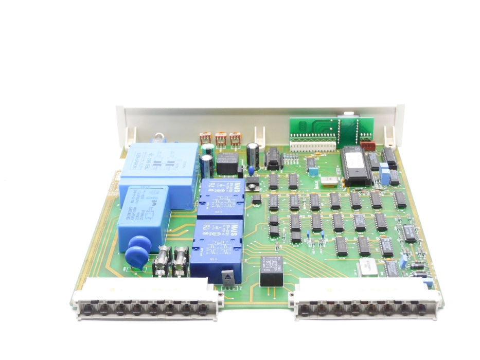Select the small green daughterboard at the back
[324, 131]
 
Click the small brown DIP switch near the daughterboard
[368, 146]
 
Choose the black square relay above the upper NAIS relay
[226, 164]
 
